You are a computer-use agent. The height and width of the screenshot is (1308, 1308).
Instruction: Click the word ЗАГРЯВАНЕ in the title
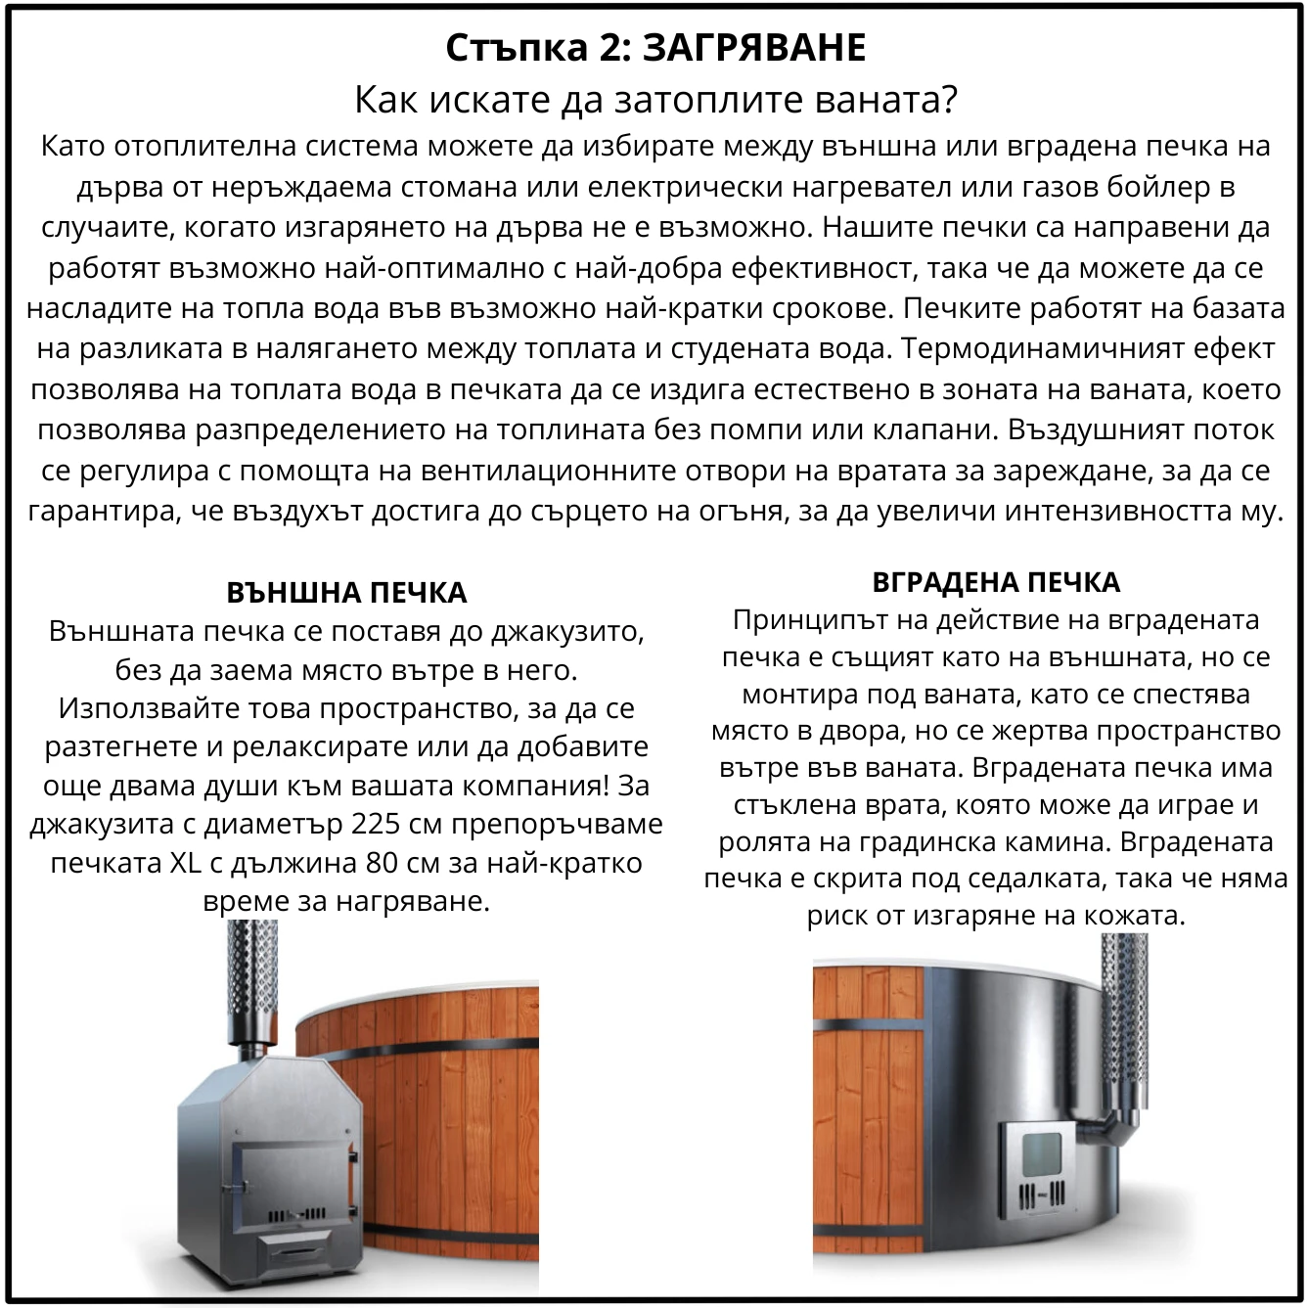point(754,48)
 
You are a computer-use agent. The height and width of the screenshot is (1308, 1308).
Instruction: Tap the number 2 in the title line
point(607,48)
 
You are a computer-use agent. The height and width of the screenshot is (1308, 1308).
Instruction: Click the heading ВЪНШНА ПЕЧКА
point(346,593)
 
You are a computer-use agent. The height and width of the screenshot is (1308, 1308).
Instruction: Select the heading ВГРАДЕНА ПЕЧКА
point(995,582)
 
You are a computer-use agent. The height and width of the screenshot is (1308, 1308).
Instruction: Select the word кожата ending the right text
point(1138,916)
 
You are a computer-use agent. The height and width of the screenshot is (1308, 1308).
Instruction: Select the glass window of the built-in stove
point(1042,1156)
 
